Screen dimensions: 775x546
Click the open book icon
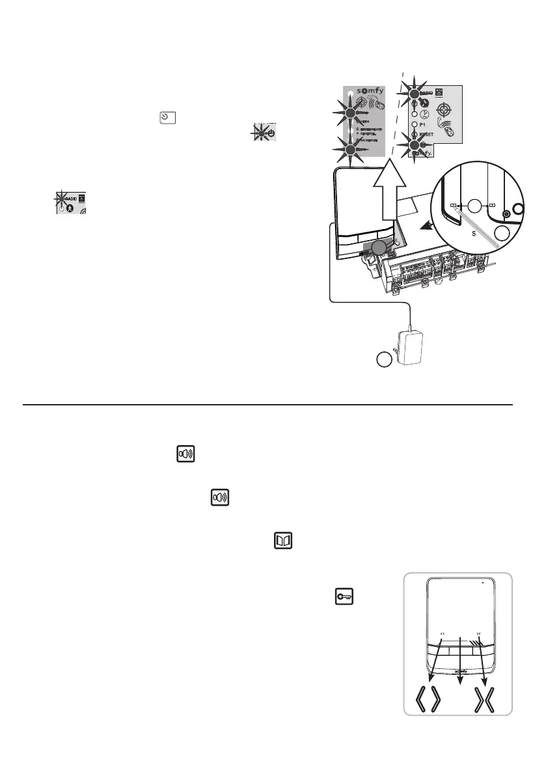coord(283,541)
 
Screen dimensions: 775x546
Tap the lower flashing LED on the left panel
coord(352,150)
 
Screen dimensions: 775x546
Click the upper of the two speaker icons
coord(187,455)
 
